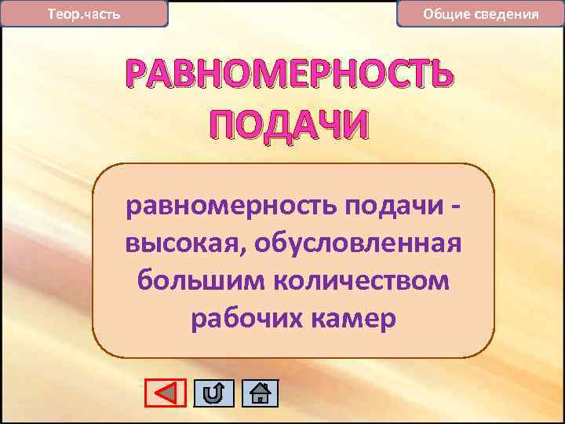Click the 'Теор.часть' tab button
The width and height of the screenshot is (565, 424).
tap(84, 14)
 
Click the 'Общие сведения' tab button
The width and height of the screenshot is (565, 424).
tap(480, 14)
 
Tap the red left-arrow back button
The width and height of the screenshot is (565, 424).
tap(166, 393)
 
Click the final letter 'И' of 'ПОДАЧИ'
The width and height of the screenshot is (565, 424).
tap(350, 125)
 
